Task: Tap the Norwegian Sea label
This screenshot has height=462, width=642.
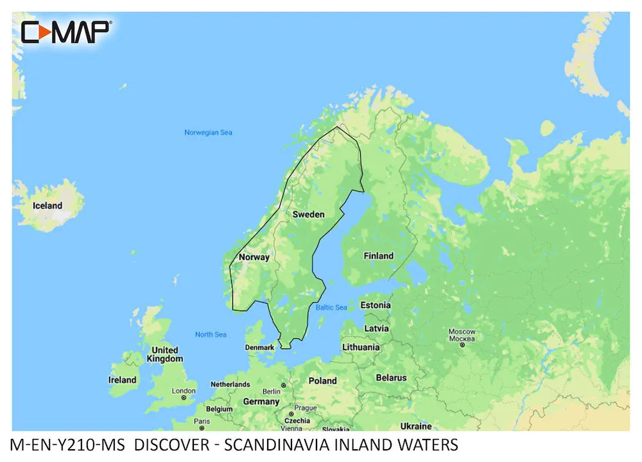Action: pyautogui.click(x=208, y=133)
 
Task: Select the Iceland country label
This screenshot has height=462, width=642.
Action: pyautogui.click(x=48, y=206)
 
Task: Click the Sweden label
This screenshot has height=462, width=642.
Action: pyautogui.click(x=308, y=214)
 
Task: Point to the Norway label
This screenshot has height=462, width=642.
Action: pyautogui.click(x=254, y=257)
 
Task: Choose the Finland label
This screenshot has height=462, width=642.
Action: pyautogui.click(x=378, y=256)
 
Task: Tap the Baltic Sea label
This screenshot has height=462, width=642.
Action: pyautogui.click(x=331, y=308)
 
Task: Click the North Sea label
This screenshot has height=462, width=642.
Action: pyautogui.click(x=211, y=335)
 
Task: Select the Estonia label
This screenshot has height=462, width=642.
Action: pyautogui.click(x=375, y=305)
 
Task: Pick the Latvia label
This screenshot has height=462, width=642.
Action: pyautogui.click(x=376, y=329)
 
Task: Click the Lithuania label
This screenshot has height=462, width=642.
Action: pyautogui.click(x=361, y=347)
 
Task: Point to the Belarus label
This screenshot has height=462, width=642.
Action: pyautogui.click(x=391, y=378)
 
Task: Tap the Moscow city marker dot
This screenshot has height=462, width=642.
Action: pyautogui.click(x=462, y=345)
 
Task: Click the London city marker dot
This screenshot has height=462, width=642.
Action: pyautogui.click(x=184, y=398)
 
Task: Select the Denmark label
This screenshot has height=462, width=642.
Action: pyautogui.click(x=259, y=348)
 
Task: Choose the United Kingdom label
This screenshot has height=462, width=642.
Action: pyautogui.click(x=164, y=354)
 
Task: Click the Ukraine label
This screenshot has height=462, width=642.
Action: pyautogui.click(x=415, y=426)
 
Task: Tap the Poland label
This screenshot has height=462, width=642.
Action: pyautogui.click(x=322, y=381)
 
